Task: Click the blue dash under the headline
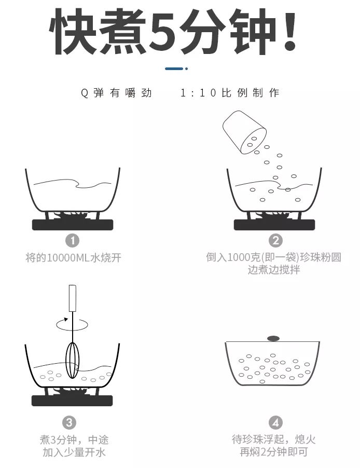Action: pos(174,68)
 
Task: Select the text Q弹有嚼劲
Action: pos(116,93)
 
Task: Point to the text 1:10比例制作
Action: pos(230,93)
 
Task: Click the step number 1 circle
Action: pos(73,241)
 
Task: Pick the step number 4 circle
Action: pos(275,422)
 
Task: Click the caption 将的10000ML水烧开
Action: pos(73,257)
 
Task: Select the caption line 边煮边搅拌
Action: pos(273,270)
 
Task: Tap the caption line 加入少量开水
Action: pos(75,452)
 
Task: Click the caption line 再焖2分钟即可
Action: pos(273,452)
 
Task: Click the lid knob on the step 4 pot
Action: pos(273,339)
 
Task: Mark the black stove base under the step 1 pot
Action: pos(73,225)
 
